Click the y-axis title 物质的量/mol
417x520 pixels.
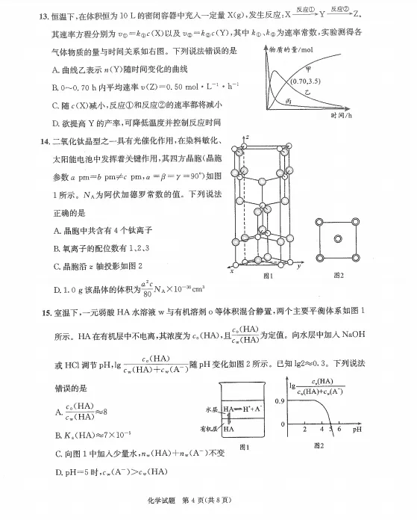(292, 48)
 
